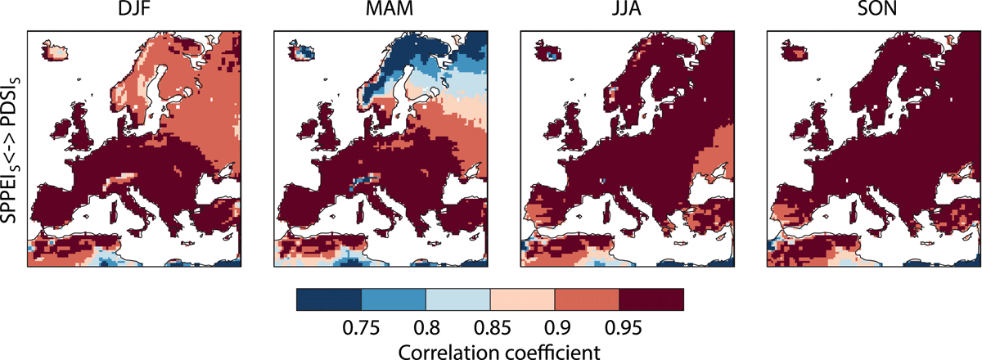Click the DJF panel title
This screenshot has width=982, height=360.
click(x=134, y=9)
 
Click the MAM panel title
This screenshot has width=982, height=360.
click(x=390, y=9)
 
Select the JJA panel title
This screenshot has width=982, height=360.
click(x=627, y=9)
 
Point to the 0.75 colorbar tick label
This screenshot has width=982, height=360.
click(x=361, y=328)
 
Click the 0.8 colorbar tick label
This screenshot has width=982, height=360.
click(x=426, y=328)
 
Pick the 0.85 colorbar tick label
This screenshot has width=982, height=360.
click(x=493, y=328)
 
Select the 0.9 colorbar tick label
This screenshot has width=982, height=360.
click(x=557, y=328)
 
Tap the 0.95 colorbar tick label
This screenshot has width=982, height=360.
click(x=623, y=328)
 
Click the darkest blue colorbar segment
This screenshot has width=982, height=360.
click(x=329, y=299)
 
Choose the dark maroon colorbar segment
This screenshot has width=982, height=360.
click(x=651, y=299)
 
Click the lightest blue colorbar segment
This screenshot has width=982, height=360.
click(x=457, y=299)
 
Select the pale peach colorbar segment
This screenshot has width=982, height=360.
click(x=522, y=299)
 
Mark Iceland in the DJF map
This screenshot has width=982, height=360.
click(x=56, y=50)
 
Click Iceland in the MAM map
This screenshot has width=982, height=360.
click(x=302, y=50)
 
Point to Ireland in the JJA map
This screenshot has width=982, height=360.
click(x=554, y=130)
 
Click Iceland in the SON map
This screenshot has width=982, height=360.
click(x=795, y=50)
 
